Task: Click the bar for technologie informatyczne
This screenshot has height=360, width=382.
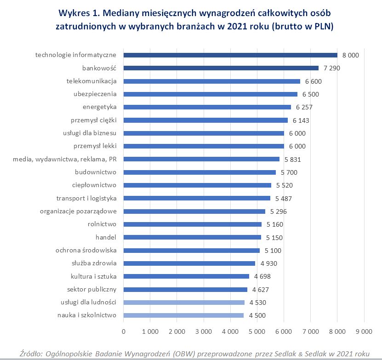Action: click(230, 55)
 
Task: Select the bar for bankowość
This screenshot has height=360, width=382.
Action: click(221, 68)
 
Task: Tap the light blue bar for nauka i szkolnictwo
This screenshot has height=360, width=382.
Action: click(183, 315)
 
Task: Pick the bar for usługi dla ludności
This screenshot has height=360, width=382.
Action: click(184, 303)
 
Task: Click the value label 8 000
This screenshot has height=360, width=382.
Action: click(350, 55)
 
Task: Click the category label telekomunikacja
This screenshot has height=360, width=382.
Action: click(91, 81)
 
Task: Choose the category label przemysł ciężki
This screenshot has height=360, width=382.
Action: click(93, 120)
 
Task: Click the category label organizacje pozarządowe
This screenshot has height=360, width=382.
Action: click(78, 211)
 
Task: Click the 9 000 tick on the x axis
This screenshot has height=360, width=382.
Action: click(364, 331)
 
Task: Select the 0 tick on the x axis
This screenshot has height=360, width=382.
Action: click(123, 331)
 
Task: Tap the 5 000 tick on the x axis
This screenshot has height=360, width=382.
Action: click(257, 331)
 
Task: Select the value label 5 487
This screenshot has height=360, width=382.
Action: click(284, 199)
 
